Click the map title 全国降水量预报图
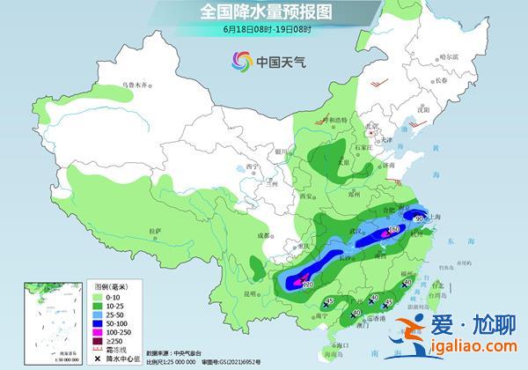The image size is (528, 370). pyautogui.click(x=265, y=11)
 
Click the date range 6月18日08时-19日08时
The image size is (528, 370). pyautogui.click(x=264, y=28)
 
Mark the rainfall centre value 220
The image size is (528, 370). pyautogui.click(x=308, y=284)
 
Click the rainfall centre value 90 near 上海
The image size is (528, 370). pyautogui.click(x=432, y=218)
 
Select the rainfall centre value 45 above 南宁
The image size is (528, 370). pyautogui.click(x=327, y=301)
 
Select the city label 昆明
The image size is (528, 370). pyautogui.click(x=252, y=292)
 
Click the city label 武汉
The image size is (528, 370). pyautogui.click(x=358, y=231)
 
